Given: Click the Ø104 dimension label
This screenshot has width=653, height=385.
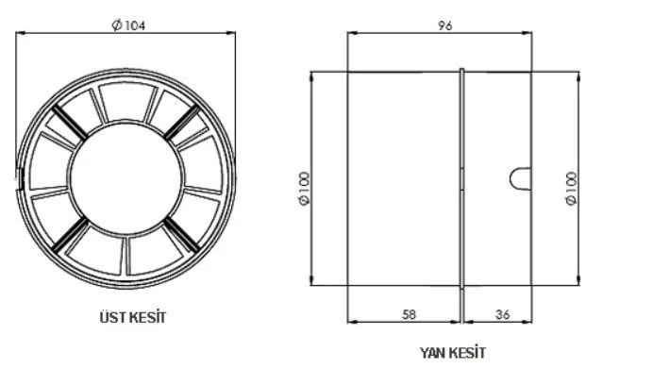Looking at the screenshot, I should click(x=126, y=25).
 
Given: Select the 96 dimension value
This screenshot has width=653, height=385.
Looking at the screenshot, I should click(x=445, y=25).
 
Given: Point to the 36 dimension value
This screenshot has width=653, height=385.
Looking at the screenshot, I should click(x=501, y=315).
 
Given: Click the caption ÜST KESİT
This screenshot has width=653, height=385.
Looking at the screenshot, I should click(x=126, y=318).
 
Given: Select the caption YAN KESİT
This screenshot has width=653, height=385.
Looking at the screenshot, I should click(x=453, y=353).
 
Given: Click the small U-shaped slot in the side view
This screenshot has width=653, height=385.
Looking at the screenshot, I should click(x=520, y=177).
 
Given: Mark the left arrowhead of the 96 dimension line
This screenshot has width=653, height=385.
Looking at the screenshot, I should click(x=352, y=34).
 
